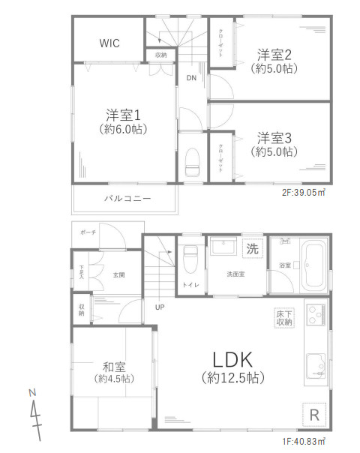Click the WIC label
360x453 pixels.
[109, 43]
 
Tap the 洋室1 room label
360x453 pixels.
[124, 115]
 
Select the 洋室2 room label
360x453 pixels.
[274, 54]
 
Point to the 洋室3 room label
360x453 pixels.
[274, 138]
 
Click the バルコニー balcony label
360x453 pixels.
[127, 199]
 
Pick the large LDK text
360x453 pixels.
[231, 358]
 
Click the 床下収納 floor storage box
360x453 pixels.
[284, 317]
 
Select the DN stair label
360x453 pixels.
[191, 78]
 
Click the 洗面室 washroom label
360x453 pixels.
[236, 274]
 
